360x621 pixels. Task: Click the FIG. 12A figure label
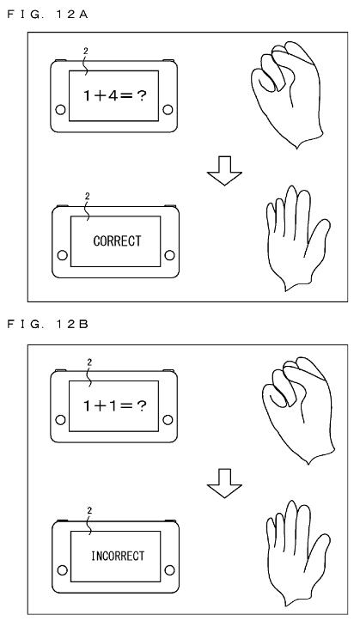[47, 15]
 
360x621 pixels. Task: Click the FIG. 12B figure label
[47, 325]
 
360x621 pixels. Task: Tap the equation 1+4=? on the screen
[115, 95]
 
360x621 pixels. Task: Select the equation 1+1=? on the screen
[115, 405]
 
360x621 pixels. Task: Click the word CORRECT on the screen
[117, 240]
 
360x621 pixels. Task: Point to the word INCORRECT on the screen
[118, 556]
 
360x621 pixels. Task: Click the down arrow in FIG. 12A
[224, 171]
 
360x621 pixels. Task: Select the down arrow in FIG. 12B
[224, 484]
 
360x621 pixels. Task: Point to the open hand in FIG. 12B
[298, 553]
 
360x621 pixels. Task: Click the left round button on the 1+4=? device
[61, 109]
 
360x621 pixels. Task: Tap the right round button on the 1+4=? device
[168, 109]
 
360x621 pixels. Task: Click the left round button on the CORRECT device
[62, 255]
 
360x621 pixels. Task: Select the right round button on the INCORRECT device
[169, 570]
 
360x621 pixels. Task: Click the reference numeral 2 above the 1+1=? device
[89, 362]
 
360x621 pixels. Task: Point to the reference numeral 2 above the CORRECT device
[88, 196]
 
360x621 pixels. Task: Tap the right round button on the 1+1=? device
[168, 419]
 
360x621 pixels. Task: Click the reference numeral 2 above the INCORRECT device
[89, 511]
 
